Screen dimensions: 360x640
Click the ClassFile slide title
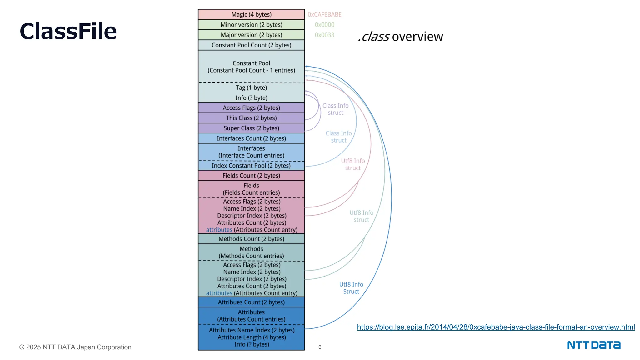[68, 31]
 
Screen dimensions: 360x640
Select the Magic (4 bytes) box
[251, 15]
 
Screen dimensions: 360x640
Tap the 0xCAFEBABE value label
[324, 15]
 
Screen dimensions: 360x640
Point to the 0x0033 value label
[324, 35]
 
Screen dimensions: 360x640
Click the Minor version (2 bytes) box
[251, 25]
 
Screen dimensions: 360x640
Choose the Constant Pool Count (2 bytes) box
[251, 45]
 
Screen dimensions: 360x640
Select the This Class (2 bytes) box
[251, 118]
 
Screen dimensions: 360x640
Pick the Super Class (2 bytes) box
[251, 128]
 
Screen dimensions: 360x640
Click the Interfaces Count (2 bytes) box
[251, 138]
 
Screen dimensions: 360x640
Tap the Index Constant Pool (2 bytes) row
[251, 166]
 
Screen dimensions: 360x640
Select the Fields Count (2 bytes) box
[251, 176]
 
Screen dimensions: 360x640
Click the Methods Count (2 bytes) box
[251, 239]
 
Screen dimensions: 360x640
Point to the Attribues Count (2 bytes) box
[251, 302]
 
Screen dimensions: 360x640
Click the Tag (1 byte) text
[251, 88]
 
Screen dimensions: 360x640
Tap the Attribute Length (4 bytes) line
[252, 337]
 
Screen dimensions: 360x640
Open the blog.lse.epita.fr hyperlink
[496, 327]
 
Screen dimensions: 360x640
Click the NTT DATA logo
[594, 345]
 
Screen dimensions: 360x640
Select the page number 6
[320, 347]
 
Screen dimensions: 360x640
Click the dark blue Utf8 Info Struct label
[351, 288]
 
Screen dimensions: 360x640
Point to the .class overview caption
[400, 37]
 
